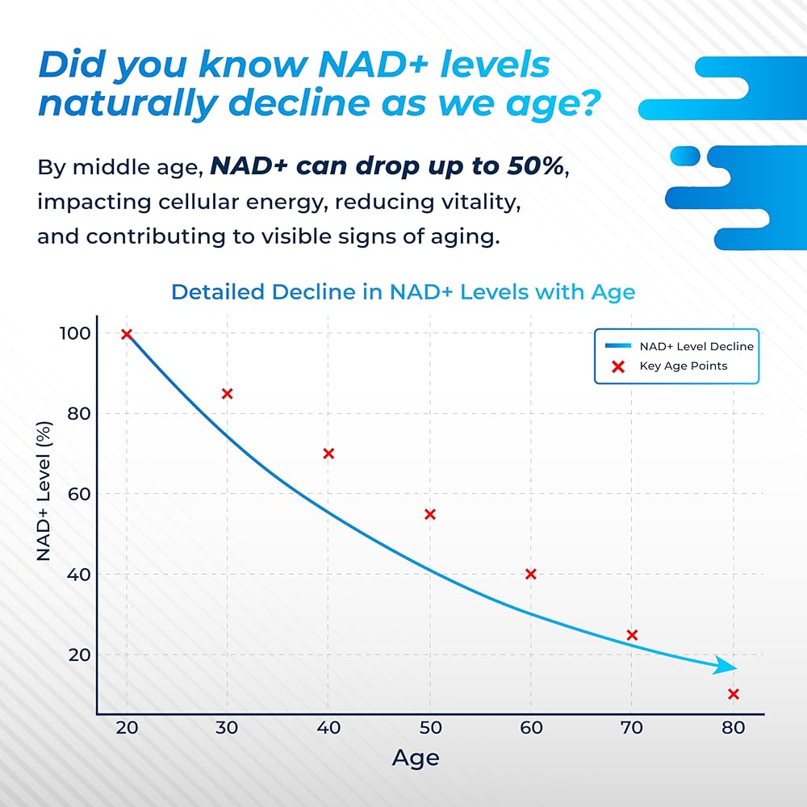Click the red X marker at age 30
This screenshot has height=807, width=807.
tap(227, 394)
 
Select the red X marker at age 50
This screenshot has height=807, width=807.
tap(429, 514)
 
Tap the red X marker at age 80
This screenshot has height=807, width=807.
tap(733, 694)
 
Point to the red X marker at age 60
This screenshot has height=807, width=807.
tap(530, 574)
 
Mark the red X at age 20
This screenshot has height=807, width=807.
tap(126, 334)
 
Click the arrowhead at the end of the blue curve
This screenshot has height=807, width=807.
tap(729, 667)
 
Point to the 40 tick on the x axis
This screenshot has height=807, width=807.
tap(328, 728)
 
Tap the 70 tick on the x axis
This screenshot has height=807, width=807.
tap(631, 728)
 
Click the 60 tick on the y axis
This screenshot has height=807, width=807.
tap(74, 494)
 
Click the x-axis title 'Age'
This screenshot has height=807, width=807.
tap(416, 758)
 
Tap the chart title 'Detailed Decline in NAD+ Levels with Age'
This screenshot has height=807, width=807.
tap(403, 291)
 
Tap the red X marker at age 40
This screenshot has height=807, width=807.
tap(328, 454)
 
